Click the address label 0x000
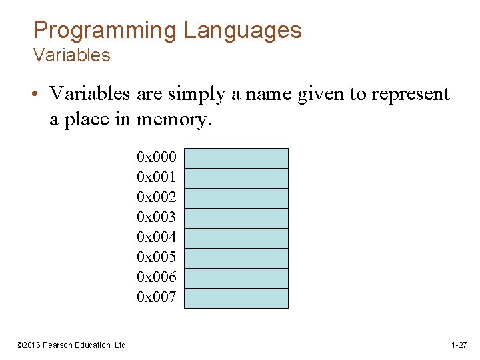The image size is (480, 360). [156, 157]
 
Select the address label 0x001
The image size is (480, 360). [156, 177]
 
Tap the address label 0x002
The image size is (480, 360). [156, 197]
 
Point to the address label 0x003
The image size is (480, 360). [156, 217]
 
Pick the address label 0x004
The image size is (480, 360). [156, 237]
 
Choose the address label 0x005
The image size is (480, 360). [156, 257]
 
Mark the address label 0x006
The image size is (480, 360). [156, 277]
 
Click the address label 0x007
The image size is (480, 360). [156, 297]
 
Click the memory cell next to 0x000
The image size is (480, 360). [236, 158]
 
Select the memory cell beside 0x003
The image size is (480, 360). [236, 218]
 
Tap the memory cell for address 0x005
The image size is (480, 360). [236, 258]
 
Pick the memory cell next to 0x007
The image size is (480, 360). [236, 298]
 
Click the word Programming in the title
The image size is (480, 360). [105, 31]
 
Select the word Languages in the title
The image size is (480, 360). [243, 31]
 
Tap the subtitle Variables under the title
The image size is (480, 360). [71, 55]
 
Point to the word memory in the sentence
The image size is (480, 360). [173, 119]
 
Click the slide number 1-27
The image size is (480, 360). [459, 345]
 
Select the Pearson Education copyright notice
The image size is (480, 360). [72, 345]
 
